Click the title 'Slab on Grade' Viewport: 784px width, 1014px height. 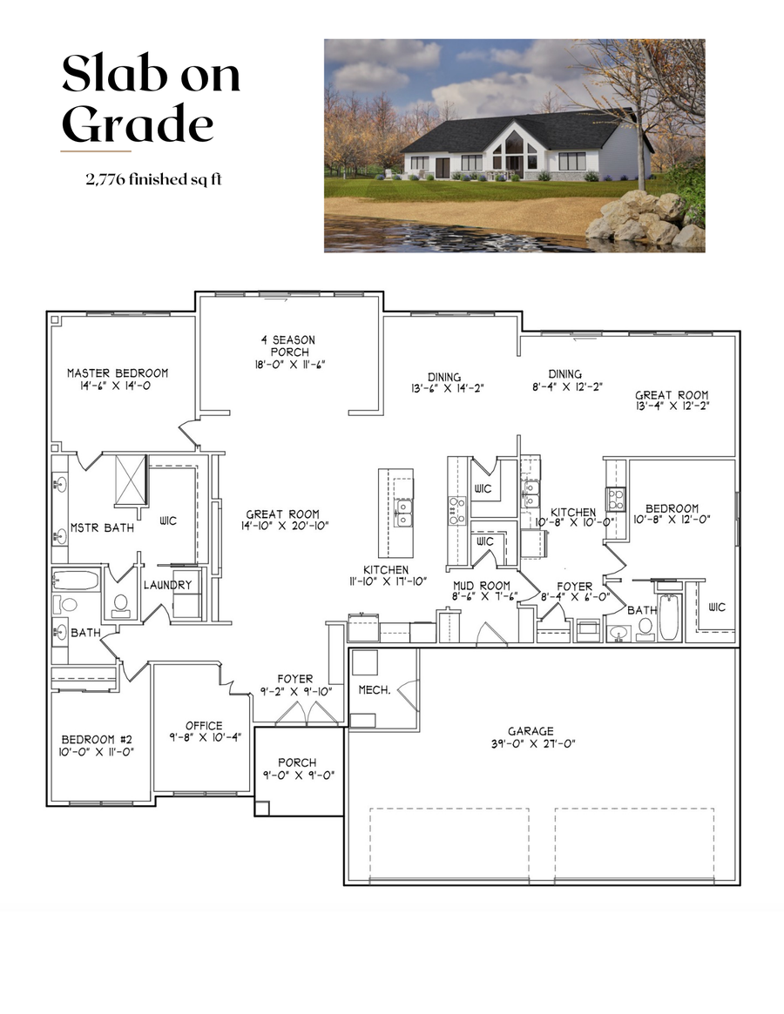coord(151,99)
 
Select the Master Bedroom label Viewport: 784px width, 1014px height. coord(118,373)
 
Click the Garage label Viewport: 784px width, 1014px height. coord(531,731)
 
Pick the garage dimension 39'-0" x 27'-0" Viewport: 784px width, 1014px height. coord(531,743)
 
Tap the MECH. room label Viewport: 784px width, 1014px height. coord(373,689)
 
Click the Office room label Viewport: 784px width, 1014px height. coord(204,725)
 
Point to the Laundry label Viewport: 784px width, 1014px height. coord(167,585)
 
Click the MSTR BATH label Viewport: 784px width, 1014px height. coord(102,527)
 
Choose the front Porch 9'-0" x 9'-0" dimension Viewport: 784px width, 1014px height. coord(298,775)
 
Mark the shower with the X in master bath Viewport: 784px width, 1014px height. coord(132,479)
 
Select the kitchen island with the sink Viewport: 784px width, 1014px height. coord(395,513)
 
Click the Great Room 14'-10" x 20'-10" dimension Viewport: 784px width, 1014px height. coord(281,526)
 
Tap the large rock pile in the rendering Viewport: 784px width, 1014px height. coord(643,218)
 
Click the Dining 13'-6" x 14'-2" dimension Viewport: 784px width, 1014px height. coord(444,388)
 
